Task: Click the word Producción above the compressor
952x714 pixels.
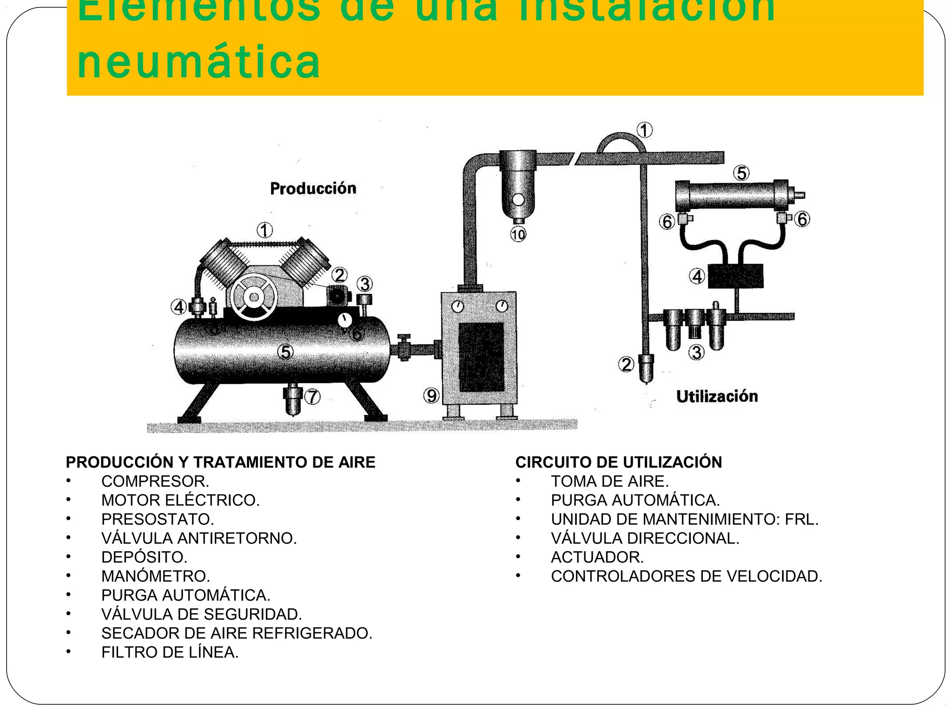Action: click(x=313, y=188)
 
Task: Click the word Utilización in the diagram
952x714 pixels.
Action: click(x=717, y=396)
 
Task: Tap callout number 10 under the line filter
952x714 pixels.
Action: click(x=518, y=234)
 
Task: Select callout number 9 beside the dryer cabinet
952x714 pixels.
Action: click(x=431, y=396)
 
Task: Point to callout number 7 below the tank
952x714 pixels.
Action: click(x=312, y=397)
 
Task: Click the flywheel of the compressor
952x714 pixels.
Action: click(x=254, y=297)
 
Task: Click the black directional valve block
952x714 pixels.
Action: click(x=735, y=276)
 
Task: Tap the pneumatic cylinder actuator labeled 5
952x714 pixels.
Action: click(x=732, y=195)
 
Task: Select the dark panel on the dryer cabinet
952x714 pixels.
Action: click(x=482, y=357)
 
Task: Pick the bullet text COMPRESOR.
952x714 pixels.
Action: click(x=155, y=481)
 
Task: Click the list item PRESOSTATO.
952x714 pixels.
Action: click(x=158, y=519)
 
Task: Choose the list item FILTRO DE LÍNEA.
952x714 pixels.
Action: click(x=170, y=652)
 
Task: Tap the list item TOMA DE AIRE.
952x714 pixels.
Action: click(x=609, y=481)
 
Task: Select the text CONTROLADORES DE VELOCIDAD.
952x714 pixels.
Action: click(x=686, y=576)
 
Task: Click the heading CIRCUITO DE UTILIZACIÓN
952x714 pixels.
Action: click(x=618, y=462)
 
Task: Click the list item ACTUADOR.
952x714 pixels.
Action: click(x=597, y=557)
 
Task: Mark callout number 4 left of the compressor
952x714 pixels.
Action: click(x=179, y=307)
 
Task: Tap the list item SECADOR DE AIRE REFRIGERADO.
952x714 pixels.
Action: click(x=237, y=633)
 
